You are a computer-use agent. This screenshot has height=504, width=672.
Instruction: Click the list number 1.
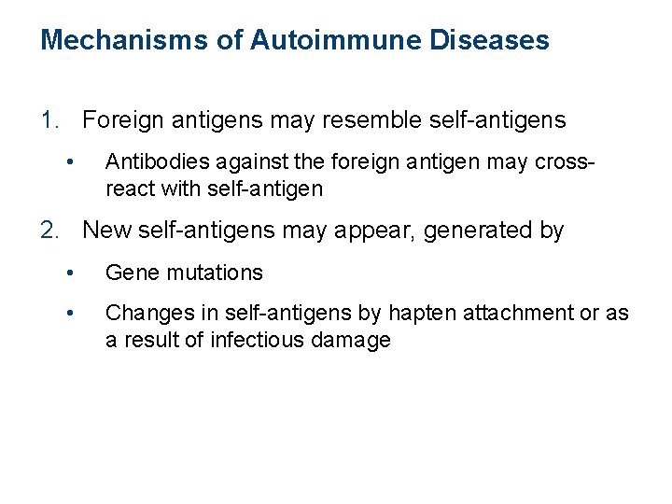(x=51, y=120)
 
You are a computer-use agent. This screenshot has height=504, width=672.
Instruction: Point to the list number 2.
(x=51, y=231)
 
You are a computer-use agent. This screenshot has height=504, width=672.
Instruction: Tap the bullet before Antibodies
(x=70, y=162)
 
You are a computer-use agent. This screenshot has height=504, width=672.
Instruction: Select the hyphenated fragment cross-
(x=563, y=162)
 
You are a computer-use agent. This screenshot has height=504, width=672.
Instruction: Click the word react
(x=129, y=189)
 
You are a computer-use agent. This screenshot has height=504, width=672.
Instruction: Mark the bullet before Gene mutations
(x=70, y=273)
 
